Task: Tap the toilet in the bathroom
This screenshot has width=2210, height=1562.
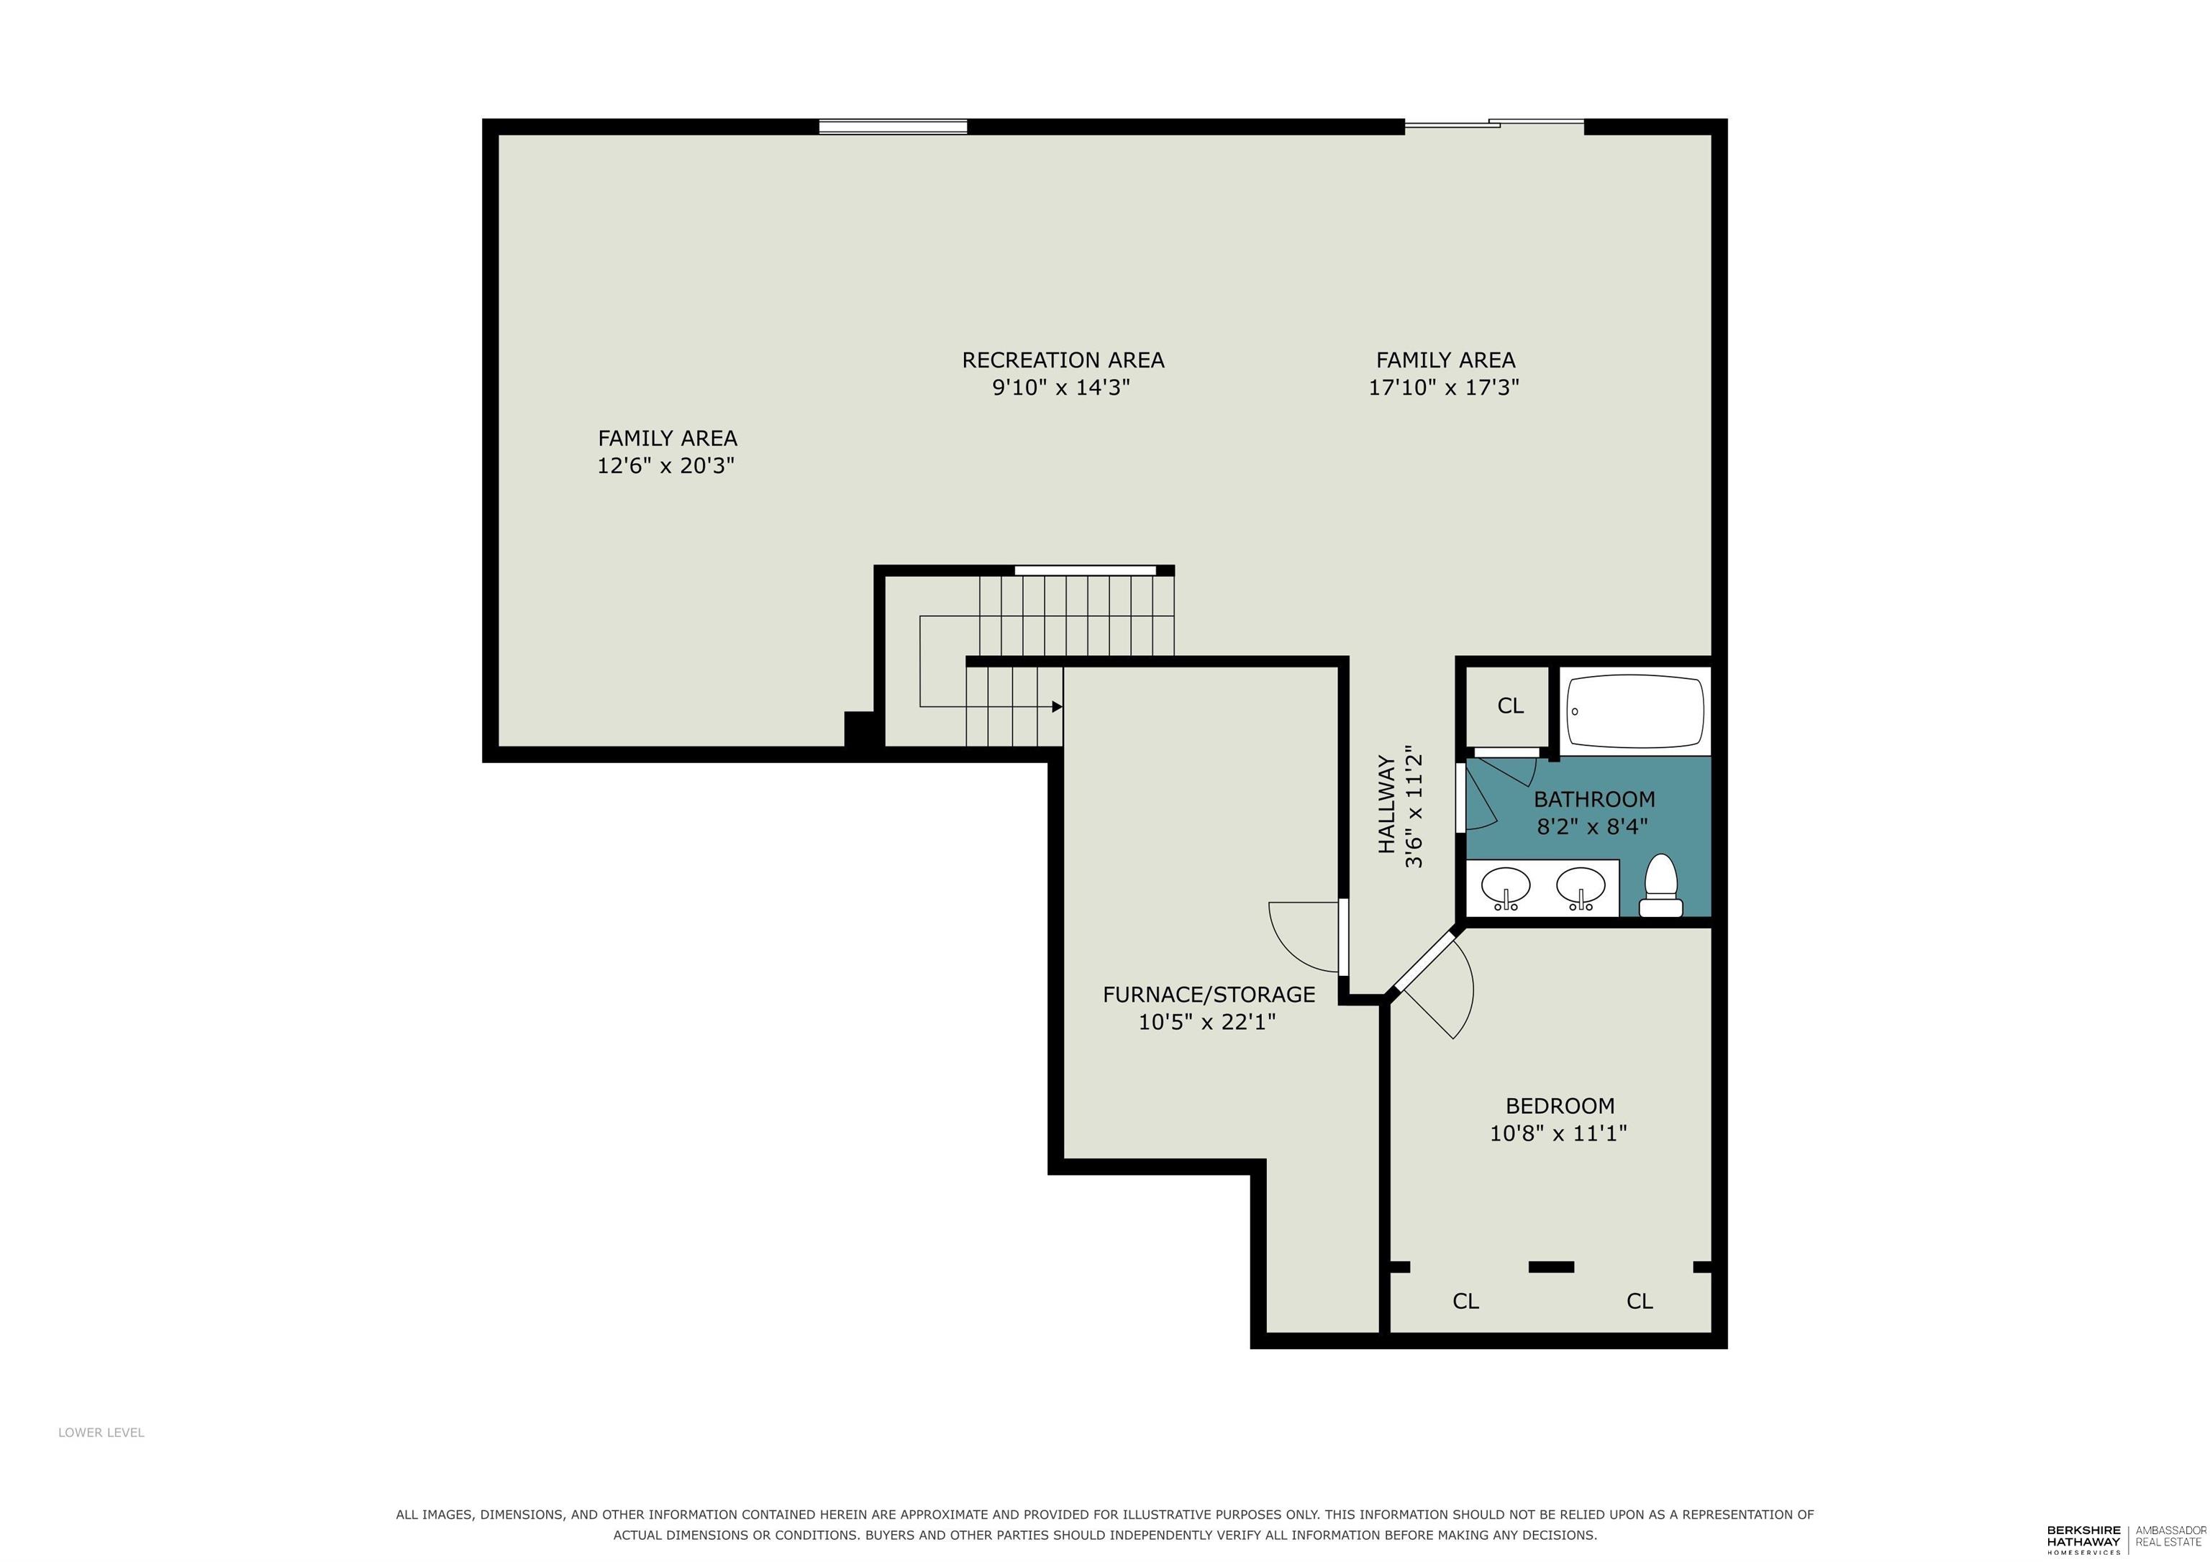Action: click(x=1660, y=885)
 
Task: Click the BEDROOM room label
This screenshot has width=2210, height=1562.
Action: click(x=1560, y=1106)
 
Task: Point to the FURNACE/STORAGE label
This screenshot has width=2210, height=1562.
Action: click(x=1209, y=994)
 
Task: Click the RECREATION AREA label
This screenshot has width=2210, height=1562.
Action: click(x=1063, y=360)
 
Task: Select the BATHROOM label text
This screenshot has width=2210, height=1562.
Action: click(x=1594, y=799)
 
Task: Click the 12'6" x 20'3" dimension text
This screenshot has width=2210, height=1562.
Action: click(x=666, y=466)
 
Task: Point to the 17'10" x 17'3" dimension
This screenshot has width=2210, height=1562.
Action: click(x=1444, y=387)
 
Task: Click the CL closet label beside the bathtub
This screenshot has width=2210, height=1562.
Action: click(x=1510, y=705)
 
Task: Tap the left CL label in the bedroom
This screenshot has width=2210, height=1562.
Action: click(x=1465, y=1301)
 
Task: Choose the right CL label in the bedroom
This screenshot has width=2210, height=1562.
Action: click(x=1640, y=1301)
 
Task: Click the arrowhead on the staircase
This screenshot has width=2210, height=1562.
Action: click(x=1057, y=706)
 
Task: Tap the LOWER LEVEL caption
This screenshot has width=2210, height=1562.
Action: click(x=101, y=1432)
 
